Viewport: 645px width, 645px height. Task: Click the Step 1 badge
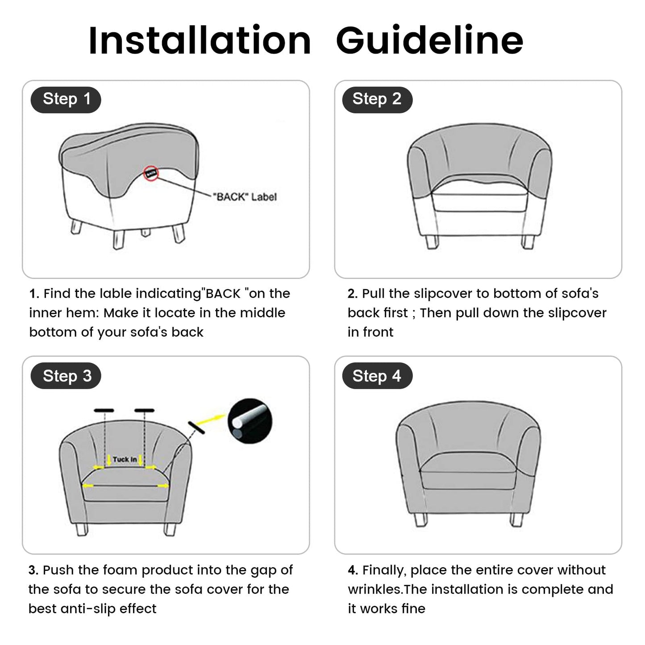click(x=66, y=99)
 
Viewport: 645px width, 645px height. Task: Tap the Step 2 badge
click(x=377, y=99)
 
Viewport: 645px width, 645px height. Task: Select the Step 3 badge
click(x=66, y=376)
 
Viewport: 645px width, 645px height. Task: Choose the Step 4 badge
click(x=377, y=376)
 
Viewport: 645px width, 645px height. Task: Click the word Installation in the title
click(x=200, y=41)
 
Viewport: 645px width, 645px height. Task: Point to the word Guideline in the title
click(x=429, y=41)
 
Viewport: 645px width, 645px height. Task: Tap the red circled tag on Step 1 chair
click(x=151, y=173)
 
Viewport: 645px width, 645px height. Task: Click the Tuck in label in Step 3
click(x=125, y=459)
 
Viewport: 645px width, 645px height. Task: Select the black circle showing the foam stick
click(x=250, y=421)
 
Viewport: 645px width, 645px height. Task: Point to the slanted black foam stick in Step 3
click(x=196, y=428)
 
